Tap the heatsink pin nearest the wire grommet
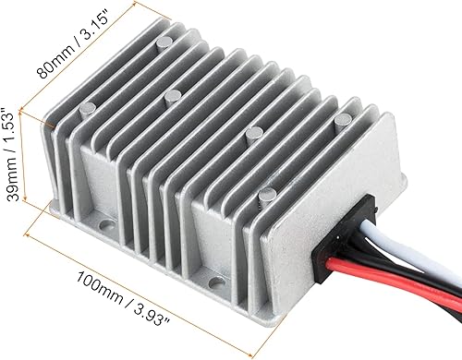266,193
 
